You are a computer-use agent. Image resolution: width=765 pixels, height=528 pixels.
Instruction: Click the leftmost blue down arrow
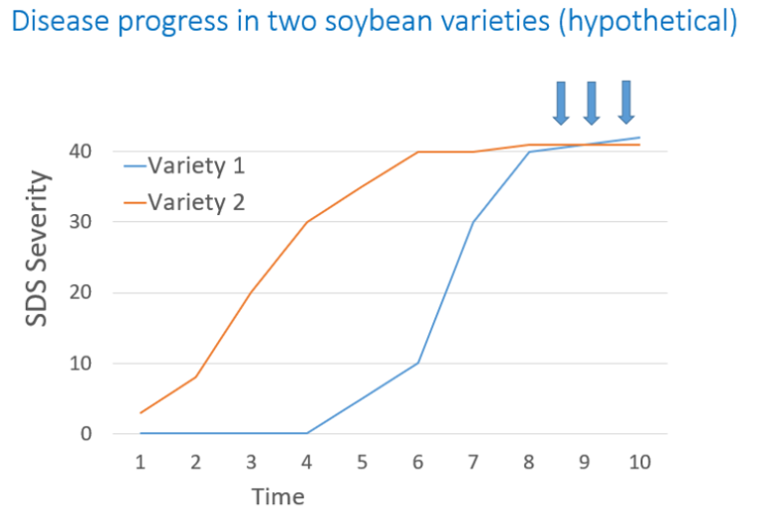click(x=561, y=103)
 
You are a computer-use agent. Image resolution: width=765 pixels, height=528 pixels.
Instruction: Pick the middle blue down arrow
click(x=592, y=103)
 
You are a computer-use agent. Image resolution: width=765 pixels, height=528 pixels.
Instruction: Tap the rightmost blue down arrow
click(x=627, y=102)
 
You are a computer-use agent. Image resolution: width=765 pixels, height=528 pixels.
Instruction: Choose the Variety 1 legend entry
click(x=184, y=165)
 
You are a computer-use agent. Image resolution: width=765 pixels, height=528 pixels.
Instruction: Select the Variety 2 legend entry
click(x=184, y=202)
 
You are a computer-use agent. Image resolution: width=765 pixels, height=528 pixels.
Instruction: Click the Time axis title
click(x=278, y=496)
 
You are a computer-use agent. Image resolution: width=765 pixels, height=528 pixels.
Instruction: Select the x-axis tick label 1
click(x=140, y=462)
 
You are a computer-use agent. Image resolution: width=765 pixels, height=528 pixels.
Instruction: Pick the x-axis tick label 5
click(x=362, y=462)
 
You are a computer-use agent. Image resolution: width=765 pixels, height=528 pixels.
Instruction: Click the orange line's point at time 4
click(x=307, y=222)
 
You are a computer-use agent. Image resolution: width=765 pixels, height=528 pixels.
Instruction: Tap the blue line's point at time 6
click(x=417, y=363)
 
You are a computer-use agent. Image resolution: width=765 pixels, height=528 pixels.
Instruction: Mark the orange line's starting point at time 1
click(x=140, y=412)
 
